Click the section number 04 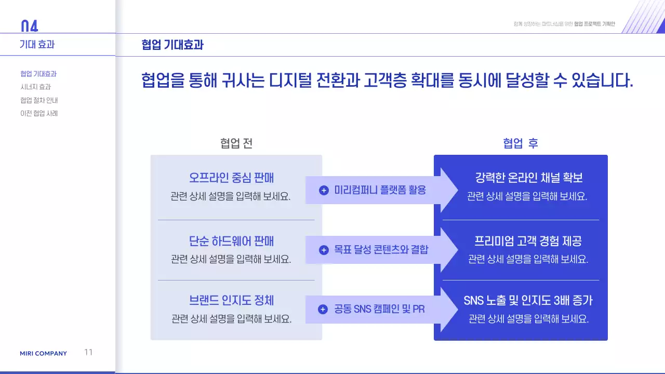click(x=29, y=26)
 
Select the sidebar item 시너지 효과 click(x=35, y=87)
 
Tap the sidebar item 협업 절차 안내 click(x=39, y=100)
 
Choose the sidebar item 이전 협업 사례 click(x=39, y=113)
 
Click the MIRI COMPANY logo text click(x=43, y=354)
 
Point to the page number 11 click(x=88, y=352)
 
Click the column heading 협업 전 click(x=236, y=143)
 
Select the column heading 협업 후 click(x=521, y=143)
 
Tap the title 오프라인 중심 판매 click(x=231, y=178)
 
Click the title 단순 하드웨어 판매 click(x=231, y=241)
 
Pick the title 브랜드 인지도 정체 click(x=231, y=300)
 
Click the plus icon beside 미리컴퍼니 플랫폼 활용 click(x=324, y=190)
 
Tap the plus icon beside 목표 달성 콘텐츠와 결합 click(x=324, y=250)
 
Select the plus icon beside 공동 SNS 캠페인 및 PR click(x=323, y=310)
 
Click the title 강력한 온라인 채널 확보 click(x=528, y=178)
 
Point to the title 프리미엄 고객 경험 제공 click(x=528, y=241)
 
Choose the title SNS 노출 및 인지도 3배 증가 click(x=528, y=300)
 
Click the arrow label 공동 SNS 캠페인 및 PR click(x=379, y=310)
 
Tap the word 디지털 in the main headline click(x=290, y=81)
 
